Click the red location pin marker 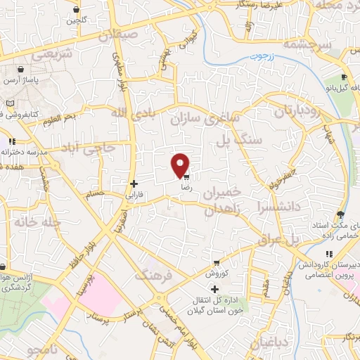[x=181, y=165]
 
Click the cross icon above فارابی [x=134, y=184]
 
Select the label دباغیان [x=269, y=343]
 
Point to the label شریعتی [x=34, y=54]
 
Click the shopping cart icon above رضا [x=187, y=177]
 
